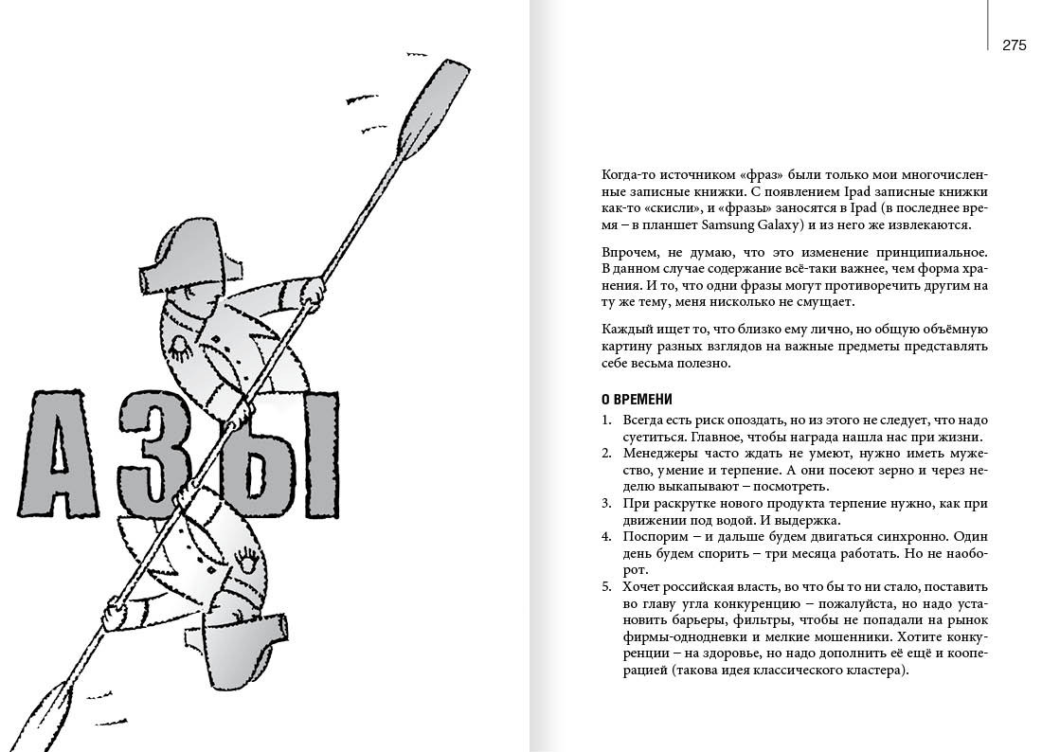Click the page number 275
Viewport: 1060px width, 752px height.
[1014, 45]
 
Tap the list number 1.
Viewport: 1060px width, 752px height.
[605, 420]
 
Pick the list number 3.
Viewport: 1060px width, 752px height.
[605, 503]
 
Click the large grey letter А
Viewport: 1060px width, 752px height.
[67, 461]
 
